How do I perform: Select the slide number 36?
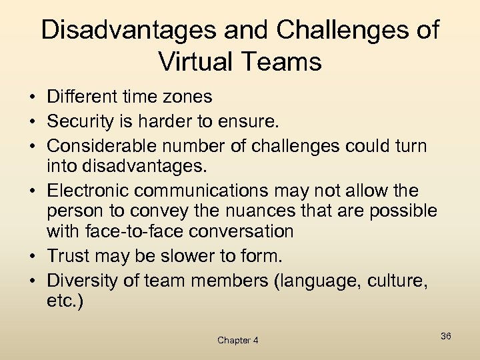click(445, 336)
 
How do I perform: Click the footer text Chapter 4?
click(237, 340)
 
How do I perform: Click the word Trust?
click(67, 256)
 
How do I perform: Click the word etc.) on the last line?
click(65, 301)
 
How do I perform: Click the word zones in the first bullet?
click(189, 97)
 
